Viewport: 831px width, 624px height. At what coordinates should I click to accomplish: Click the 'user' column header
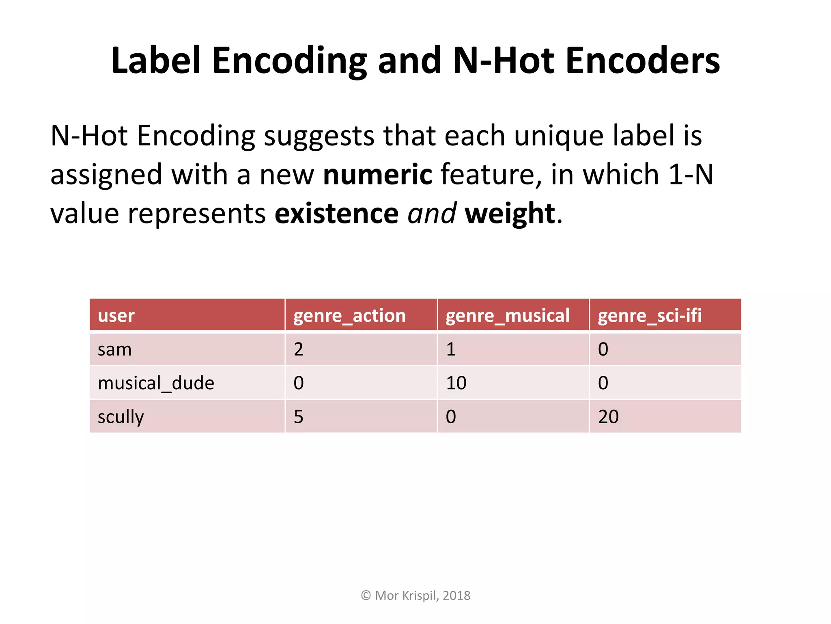[x=116, y=316]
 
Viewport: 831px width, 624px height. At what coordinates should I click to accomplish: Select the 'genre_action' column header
[x=349, y=316]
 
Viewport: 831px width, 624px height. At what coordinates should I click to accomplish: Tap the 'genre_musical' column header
[x=507, y=316]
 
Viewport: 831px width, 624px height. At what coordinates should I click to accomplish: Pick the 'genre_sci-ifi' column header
[x=650, y=316]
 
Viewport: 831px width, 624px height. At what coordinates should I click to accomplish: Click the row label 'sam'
[x=115, y=349]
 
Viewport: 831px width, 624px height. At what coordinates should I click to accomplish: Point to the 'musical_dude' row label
[x=156, y=383]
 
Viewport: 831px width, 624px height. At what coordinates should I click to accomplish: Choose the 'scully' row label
[x=121, y=417]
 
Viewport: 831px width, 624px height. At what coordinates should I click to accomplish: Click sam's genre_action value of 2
[x=299, y=349]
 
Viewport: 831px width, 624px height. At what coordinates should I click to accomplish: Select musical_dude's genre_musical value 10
[x=456, y=383]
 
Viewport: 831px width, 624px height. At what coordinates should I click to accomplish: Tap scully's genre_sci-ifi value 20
[x=608, y=417]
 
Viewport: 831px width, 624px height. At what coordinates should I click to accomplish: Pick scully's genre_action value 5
[x=299, y=417]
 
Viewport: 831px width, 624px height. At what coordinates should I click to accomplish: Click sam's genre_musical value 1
[x=451, y=349]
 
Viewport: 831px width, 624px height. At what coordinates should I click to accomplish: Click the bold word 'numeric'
[x=377, y=175]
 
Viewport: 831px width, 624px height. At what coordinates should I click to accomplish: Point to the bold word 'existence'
[x=337, y=214]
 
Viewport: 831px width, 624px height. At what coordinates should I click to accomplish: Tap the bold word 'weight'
[x=510, y=214]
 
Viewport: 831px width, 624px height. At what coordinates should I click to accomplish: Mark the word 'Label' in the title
[x=156, y=61]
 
